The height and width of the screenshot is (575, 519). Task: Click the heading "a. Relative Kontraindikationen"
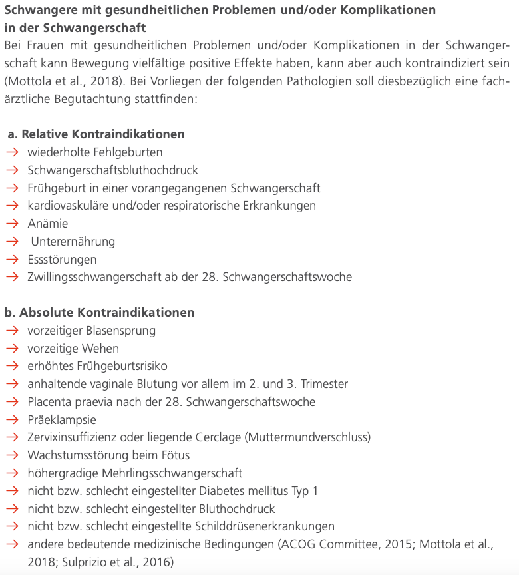96,134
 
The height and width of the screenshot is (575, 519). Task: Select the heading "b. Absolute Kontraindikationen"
99,313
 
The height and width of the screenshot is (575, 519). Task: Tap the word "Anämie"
48,224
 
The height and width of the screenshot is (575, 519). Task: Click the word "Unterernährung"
73,242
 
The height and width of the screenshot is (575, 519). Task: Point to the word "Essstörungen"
62,260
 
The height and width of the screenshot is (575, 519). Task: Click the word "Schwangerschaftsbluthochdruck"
113,170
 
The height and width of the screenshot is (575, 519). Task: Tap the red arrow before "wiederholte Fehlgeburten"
13,152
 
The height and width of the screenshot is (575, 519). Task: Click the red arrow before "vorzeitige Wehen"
13,349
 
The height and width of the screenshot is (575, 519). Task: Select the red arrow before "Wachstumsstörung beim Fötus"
13,456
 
